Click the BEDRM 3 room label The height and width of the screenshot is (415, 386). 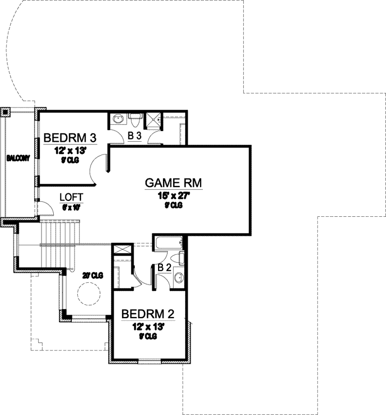[x=69, y=138]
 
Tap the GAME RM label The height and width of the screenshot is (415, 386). [x=173, y=183]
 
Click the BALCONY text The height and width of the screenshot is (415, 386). [x=18, y=158]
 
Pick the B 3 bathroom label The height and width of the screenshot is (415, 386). [x=134, y=136]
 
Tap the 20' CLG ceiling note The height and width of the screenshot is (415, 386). [x=92, y=275]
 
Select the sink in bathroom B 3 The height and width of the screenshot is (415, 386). [x=118, y=119]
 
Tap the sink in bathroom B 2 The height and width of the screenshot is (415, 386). [x=179, y=277]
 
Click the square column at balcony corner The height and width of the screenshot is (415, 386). [x=5, y=112]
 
